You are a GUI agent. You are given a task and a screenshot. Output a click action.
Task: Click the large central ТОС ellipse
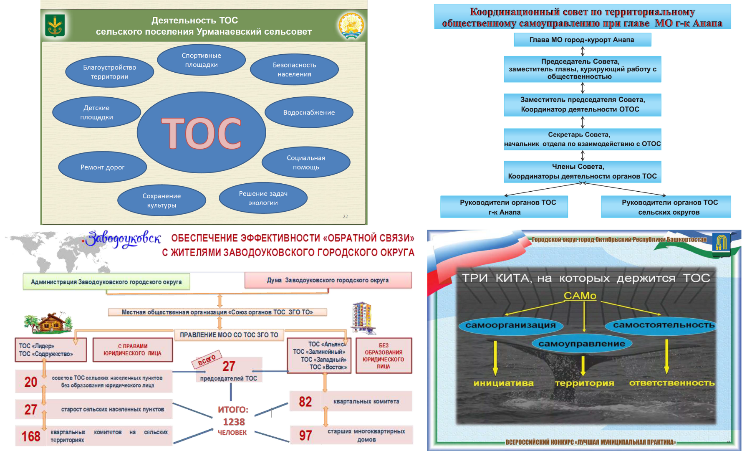click(202, 132)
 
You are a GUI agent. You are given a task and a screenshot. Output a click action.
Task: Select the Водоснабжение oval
click(309, 112)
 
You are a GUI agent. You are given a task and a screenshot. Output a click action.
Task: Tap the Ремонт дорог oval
click(103, 167)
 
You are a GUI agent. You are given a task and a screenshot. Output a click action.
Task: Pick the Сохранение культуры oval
click(162, 200)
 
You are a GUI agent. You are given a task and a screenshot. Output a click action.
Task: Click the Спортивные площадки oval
click(201, 60)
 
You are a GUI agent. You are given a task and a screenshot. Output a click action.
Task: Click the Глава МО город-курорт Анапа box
click(582, 40)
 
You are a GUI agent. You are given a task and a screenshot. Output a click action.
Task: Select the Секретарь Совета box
click(582, 139)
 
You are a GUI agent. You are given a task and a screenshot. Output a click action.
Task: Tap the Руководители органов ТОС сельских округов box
click(669, 207)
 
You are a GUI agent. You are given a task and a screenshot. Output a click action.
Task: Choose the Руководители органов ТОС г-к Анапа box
click(504, 207)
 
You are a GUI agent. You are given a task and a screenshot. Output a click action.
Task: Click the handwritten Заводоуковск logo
click(123, 239)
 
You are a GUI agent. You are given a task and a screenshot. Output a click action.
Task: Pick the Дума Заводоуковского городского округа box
click(328, 280)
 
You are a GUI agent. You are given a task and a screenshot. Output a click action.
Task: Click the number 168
click(31, 436)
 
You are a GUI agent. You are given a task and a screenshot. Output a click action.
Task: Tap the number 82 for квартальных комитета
click(305, 402)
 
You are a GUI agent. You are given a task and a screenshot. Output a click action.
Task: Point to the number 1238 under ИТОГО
click(234, 422)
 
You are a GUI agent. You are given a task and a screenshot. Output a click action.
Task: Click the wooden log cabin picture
click(49, 323)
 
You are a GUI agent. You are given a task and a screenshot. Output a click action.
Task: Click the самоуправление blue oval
click(582, 344)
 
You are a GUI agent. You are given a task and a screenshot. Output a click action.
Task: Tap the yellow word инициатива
click(503, 383)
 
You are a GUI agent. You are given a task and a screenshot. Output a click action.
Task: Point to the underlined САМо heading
click(580, 296)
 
